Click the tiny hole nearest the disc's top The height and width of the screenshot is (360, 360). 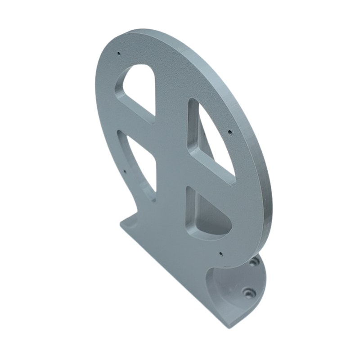click(x=119, y=54)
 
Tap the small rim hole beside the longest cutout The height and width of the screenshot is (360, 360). click(x=230, y=132)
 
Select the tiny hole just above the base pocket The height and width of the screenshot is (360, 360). click(x=220, y=254)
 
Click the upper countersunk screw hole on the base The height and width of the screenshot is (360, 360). click(x=255, y=261)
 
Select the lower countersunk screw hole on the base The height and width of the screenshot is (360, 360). click(x=247, y=292)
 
